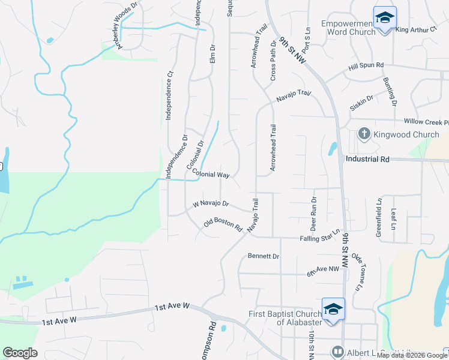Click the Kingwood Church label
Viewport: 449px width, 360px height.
pyautogui.click(x=406, y=134)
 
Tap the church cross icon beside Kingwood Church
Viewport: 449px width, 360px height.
pyautogui.click(x=364, y=134)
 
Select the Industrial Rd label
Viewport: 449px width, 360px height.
pyautogui.click(x=368, y=159)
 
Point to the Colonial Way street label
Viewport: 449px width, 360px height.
pyautogui.click(x=211, y=175)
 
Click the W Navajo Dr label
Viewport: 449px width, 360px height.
pyautogui.click(x=211, y=205)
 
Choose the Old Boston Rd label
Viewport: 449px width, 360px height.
pyautogui.click(x=223, y=225)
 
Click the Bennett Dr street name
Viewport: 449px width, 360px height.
pyautogui.click(x=264, y=256)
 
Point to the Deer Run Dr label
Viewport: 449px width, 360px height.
pyautogui.click(x=313, y=213)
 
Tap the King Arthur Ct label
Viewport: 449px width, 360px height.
pyautogui.click(x=416, y=29)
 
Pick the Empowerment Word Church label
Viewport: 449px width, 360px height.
pyautogui.click(x=349, y=27)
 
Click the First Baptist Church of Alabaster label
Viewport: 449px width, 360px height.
pyautogui.click(x=285, y=317)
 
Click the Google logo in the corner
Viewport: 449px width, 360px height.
pyautogui.click(x=20, y=353)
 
